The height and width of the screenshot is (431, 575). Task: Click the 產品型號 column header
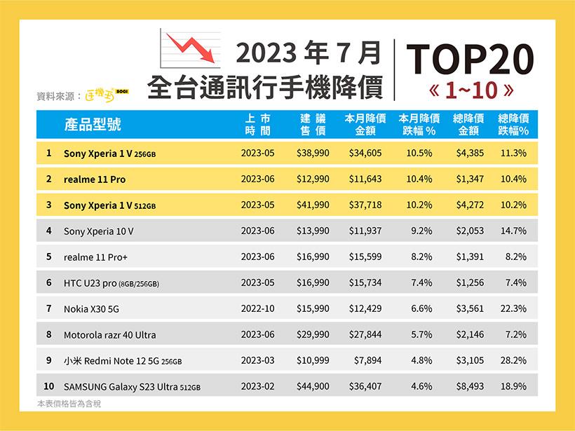(x=92, y=125)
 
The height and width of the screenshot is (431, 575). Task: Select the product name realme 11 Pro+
(x=96, y=257)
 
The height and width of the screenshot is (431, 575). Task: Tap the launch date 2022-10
(x=257, y=308)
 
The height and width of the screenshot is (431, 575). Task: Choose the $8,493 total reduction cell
(x=470, y=386)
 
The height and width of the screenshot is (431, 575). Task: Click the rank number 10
(x=48, y=386)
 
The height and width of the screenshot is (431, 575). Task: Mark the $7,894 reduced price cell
(x=367, y=360)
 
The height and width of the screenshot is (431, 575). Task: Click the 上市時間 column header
(x=257, y=125)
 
